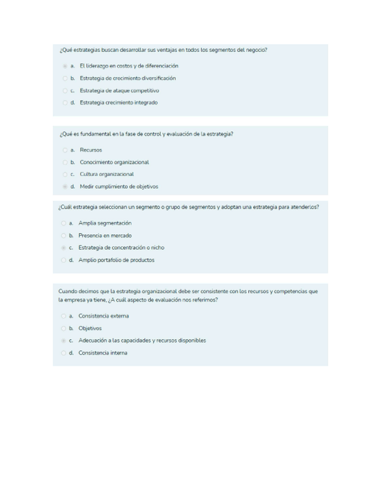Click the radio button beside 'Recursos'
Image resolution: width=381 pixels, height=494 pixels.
click(65, 150)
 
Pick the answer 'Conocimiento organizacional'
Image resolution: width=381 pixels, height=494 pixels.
click(65, 163)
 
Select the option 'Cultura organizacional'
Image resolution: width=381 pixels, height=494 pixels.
click(65, 174)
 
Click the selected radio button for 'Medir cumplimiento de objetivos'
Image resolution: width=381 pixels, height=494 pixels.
click(65, 187)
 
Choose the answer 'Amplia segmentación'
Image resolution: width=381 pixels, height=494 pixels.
click(63, 223)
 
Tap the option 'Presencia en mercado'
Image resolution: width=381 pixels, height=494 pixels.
click(63, 235)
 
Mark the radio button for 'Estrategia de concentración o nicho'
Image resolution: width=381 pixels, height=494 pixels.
click(63, 248)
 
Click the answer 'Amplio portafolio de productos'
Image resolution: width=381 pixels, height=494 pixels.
click(63, 260)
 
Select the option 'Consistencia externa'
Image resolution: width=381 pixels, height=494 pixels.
click(63, 316)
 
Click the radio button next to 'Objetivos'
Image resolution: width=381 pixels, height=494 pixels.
click(63, 329)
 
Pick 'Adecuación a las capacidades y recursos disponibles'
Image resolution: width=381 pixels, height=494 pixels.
click(63, 340)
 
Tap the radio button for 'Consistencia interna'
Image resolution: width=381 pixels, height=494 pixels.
click(63, 353)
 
